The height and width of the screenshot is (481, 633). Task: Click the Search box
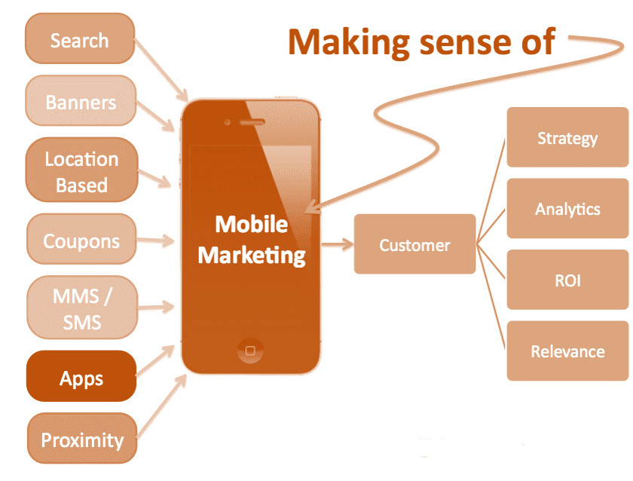point(80,38)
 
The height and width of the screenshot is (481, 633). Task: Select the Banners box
point(81,100)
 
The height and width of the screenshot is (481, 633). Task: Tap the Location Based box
point(82,170)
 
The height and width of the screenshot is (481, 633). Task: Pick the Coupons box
point(81,239)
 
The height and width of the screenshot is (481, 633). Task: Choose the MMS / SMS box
point(82,308)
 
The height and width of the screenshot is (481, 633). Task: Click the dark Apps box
point(81,376)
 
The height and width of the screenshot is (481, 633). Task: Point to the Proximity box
point(82,438)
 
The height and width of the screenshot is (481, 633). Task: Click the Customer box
point(415,244)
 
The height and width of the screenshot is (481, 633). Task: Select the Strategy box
point(567,137)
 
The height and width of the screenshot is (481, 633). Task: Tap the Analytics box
point(567,208)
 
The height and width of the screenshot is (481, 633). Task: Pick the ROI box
point(567,280)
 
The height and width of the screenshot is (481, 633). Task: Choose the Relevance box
point(567,351)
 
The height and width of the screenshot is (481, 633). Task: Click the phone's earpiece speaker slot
point(252,122)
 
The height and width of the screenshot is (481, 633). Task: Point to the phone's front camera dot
point(228,121)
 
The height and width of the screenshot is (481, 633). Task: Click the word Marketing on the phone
point(252,256)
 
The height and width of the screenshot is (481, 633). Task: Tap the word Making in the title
point(349,43)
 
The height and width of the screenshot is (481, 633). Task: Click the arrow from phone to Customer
point(338,244)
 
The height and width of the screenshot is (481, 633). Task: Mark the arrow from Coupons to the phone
point(155,240)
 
